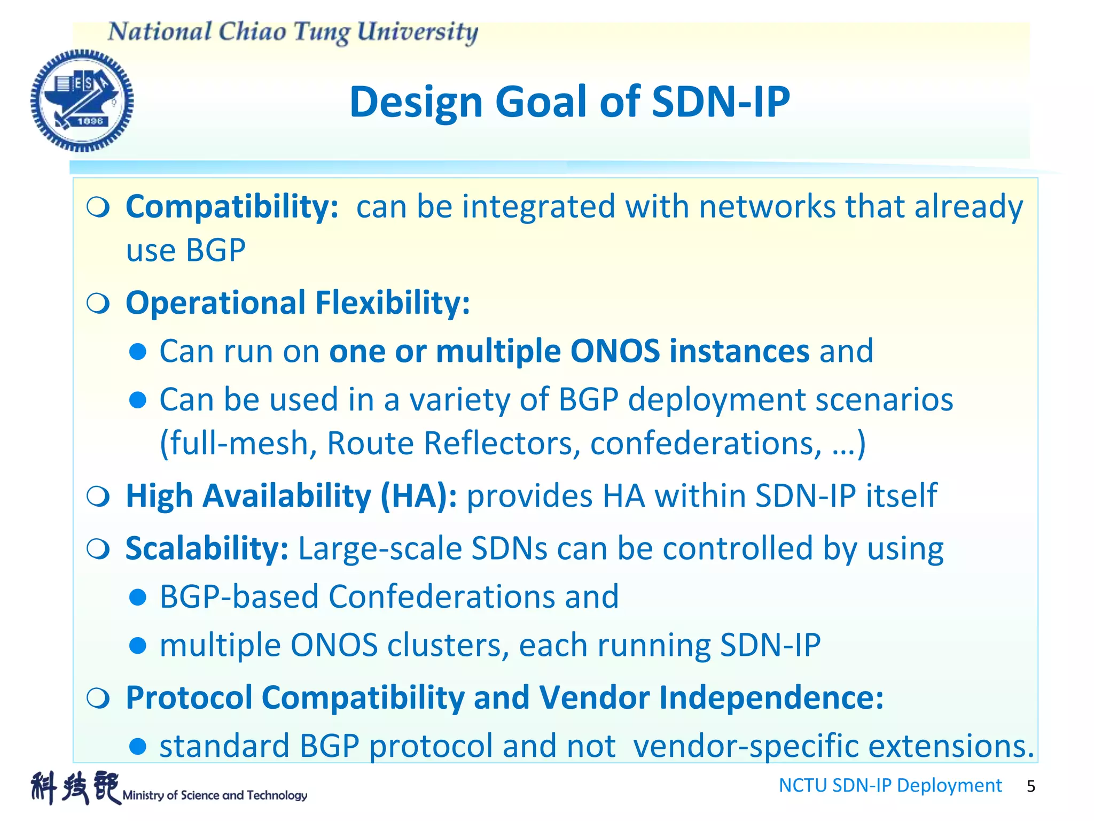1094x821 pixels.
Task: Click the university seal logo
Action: tap(82, 100)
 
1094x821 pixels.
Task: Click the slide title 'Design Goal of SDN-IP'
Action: tap(569, 102)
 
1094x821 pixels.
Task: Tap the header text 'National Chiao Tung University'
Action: tap(293, 32)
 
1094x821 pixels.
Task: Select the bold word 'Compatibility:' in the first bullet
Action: tap(232, 207)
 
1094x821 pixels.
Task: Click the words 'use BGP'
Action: tap(186, 250)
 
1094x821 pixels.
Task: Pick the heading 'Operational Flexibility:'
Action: tap(298, 303)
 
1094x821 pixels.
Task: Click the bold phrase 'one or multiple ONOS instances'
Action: tap(569, 351)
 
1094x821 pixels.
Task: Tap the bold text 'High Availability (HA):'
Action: tap(291, 496)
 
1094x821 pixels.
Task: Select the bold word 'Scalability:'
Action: tap(207, 548)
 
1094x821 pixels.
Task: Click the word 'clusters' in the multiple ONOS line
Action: tap(448, 645)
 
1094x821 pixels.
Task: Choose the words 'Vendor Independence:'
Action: tap(711, 698)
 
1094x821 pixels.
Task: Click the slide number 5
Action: tap(1031, 786)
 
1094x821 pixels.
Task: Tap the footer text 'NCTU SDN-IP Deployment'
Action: tap(890, 785)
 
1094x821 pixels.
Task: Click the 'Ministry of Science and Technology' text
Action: tap(215, 795)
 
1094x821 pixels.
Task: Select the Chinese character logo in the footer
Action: tap(75, 787)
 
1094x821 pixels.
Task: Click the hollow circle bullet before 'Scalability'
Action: tap(98, 549)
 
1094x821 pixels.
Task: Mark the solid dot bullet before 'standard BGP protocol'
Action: tap(138, 746)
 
